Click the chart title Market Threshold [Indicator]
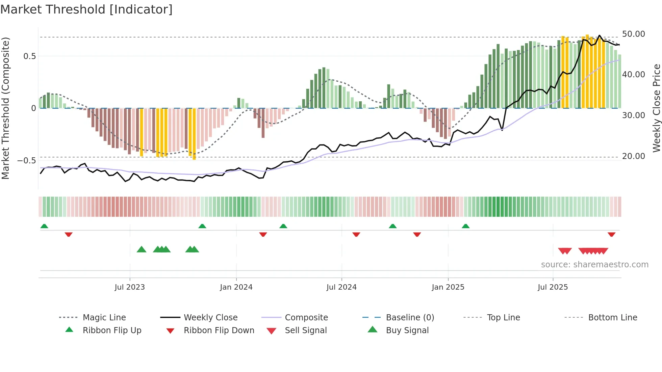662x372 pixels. point(86,9)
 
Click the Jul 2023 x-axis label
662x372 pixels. point(130,287)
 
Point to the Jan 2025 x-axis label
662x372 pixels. point(448,287)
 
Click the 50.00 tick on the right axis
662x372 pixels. point(633,34)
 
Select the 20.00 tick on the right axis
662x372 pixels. point(633,156)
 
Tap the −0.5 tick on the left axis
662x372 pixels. point(26,161)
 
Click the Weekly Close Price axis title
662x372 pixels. point(656,108)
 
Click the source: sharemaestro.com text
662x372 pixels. point(594,264)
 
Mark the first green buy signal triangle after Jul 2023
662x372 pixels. point(142,249)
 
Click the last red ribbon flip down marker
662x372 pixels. point(611,234)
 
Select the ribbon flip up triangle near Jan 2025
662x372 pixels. point(465,226)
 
